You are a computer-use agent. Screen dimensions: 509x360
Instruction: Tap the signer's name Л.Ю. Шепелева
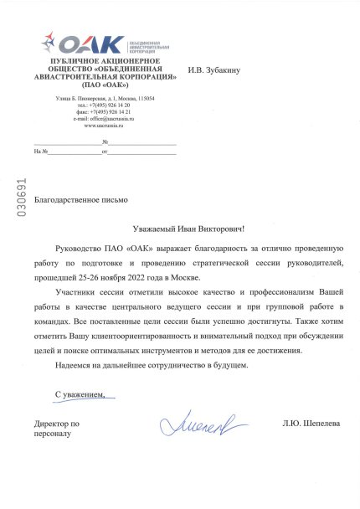click(311, 424)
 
